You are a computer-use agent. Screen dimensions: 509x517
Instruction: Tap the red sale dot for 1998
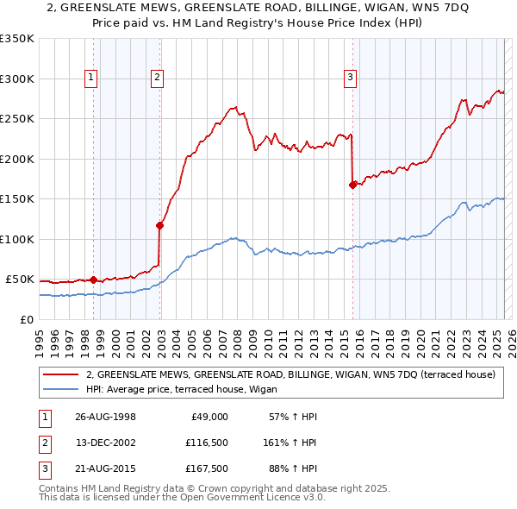[93, 280]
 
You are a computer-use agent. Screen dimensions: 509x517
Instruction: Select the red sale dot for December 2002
[159, 226]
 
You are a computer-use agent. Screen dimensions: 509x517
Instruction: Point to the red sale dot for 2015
[352, 185]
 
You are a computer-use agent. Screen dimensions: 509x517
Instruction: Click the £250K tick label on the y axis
[17, 119]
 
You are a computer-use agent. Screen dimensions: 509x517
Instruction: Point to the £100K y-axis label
[17, 239]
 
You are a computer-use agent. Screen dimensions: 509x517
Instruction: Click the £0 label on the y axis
[27, 319]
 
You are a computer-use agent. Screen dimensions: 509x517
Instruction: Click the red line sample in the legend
[61, 374]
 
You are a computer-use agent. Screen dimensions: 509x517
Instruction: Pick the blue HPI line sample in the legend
[61, 388]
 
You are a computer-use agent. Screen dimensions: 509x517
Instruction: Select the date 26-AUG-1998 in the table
[105, 417]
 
